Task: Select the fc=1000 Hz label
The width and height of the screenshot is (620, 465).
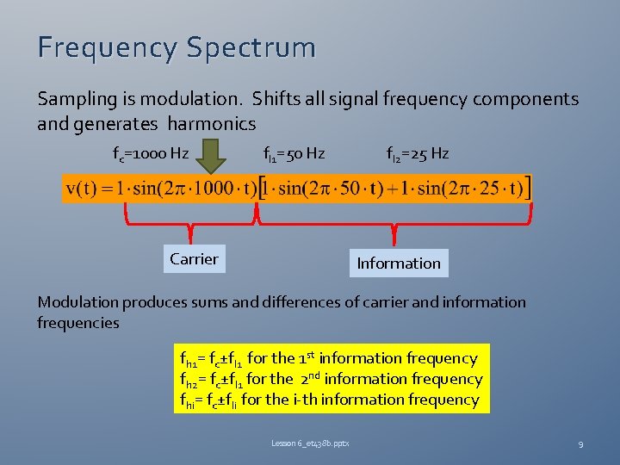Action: click(x=151, y=154)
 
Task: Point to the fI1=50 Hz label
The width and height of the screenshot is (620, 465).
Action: click(x=294, y=154)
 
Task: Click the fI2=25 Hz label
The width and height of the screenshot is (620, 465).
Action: click(x=418, y=154)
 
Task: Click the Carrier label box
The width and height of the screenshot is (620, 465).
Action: click(x=194, y=259)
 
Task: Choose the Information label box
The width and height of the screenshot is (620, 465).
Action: click(x=398, y=263)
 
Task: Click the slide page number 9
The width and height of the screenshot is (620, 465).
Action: click(x=581, y=443)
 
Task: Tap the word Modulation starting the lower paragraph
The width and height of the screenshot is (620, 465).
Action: click(x=77, y=302)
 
